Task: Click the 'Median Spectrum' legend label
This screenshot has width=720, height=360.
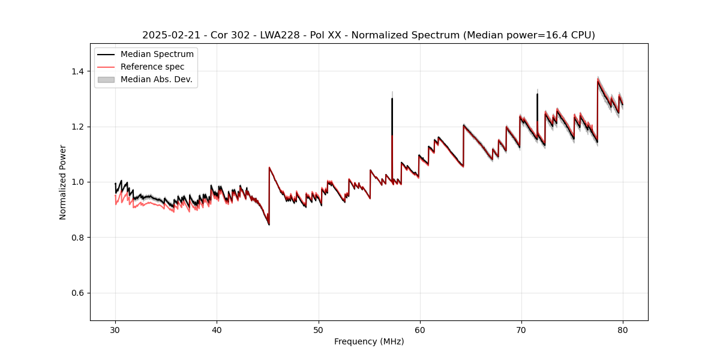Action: [x=157, y=54]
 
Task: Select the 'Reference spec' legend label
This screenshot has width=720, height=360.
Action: [x=152, y=67]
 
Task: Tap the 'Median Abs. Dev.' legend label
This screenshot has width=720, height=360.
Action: [x=156, y=79]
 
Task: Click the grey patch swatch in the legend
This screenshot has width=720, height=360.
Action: [x=106, y=79]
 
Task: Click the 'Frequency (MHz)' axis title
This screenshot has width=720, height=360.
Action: [x=369, y=341]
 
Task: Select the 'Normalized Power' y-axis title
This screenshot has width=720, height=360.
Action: [x=63, y=182]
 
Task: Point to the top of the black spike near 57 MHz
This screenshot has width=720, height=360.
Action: [x=392, y=99]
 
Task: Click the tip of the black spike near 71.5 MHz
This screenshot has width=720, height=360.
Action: [x=537, y=94]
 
